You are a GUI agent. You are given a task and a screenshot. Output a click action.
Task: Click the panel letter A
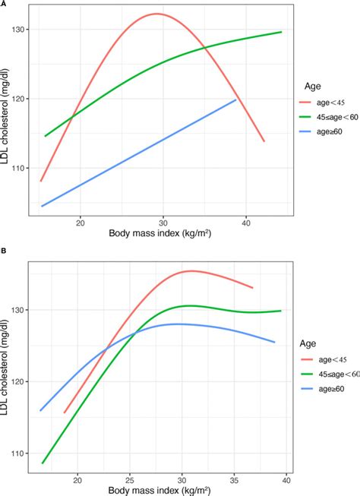pyautogui.click(x=4, y=4)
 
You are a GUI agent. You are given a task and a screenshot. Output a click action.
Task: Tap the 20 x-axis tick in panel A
pyautogui.click(x=80, y=225)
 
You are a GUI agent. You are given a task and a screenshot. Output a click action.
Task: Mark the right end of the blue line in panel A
pyautogui.click(x=236, y=100)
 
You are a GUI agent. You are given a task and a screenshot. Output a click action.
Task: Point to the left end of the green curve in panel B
pyautogui.click(x=43, y=463)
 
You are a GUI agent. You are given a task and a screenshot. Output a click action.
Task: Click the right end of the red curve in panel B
pyautogui.click(x=252, y=288)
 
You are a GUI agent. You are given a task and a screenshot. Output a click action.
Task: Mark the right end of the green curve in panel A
pyautogui.click(x=281, y=32)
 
